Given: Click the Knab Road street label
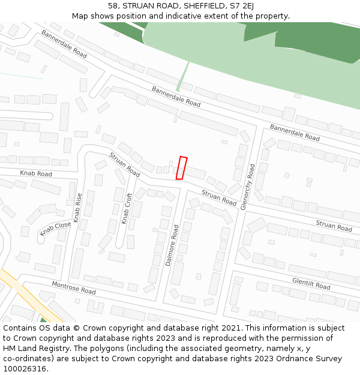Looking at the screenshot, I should tap(36, 174).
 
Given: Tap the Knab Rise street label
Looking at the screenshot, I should tap(77, 208).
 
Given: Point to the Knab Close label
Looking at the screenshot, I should tap(55, 229).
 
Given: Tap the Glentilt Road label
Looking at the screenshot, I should tap(311, 283).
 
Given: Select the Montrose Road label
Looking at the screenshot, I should tap(73, 287).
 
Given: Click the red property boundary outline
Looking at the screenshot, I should tap(181, 167).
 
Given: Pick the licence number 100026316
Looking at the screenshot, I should tap(25, 368).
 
